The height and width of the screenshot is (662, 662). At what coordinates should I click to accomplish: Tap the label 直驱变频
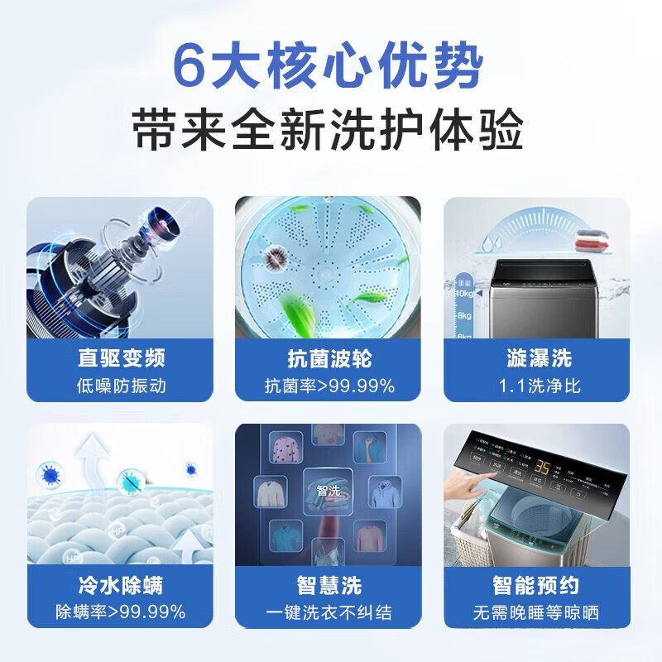click(x=121, y=358)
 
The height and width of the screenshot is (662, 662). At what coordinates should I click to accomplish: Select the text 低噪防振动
click(x=121, y=386)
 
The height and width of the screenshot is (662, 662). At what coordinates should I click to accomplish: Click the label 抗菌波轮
click(x=329, y=358)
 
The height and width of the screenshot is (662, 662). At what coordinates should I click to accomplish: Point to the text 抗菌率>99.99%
click(x=329, y=386)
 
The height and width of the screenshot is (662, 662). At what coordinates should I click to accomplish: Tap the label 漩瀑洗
click(x=539, y=358)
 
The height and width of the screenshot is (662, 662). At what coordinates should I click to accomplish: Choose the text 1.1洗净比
click(x=539, y=386)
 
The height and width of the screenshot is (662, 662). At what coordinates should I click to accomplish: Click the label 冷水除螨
click(x=121, y=586)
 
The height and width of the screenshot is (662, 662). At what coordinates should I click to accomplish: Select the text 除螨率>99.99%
click(x=121, y=613)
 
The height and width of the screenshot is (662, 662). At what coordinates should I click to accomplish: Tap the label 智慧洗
click(x=329, y=586)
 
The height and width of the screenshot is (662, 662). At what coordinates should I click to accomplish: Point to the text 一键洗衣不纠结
click(x=329, y=613)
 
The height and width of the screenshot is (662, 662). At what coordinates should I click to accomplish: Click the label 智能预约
click(x=539, y=586)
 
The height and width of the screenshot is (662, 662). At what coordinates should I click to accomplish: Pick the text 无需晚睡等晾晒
click(x=539, y=613)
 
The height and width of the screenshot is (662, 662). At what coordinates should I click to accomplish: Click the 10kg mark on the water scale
click(x=463, y=293)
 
